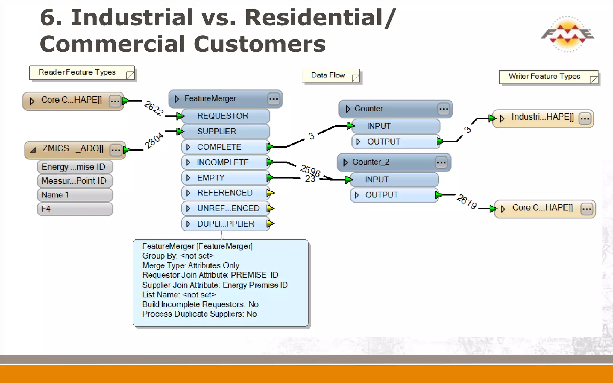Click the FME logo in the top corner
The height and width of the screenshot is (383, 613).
(x=567, y=34)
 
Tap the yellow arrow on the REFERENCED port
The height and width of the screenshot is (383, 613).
(x=270, y=193)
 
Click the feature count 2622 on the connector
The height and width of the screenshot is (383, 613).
(x=154, y=108)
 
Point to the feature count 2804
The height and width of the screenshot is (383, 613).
(x=154, y=140)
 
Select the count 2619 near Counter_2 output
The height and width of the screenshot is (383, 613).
(x=467, y=202)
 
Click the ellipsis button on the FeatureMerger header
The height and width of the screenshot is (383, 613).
(x=273, y=99)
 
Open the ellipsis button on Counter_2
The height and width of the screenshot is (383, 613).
(x=441, y=162)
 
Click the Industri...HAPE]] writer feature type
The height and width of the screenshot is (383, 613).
(x=542, y=117)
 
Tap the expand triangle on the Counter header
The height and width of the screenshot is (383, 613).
(x=348, y=109)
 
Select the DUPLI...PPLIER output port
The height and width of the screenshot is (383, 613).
(x=225, y=224)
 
